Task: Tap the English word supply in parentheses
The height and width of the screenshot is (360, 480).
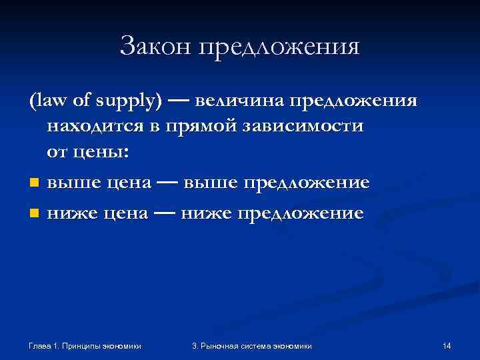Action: click(131, 101)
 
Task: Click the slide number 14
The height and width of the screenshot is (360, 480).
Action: click(447, 346)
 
